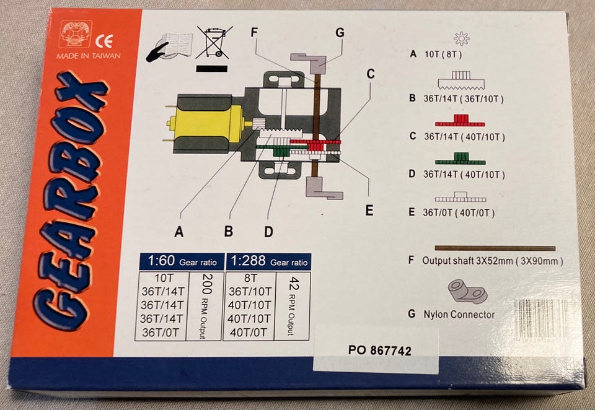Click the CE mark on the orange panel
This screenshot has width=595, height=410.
[104, 41]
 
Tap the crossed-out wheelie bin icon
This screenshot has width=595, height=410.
[214, 42]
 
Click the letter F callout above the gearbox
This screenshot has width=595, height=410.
[254, 32]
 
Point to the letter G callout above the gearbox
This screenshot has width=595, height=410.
[340, 33]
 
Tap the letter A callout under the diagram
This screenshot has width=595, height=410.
[178, 231]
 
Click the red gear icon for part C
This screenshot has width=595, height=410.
[460, 120]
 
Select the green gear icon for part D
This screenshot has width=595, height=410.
[461, 159]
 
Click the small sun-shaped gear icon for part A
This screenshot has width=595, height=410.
[461, 38]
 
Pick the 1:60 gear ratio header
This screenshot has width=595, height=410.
[182, 261]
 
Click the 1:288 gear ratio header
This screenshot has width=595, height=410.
[268, 261]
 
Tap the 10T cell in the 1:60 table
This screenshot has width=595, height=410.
[164, 278]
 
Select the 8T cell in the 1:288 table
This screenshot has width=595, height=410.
[250, 278]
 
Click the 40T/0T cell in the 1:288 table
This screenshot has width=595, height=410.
[249, 333]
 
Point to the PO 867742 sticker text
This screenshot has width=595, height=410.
[379, 350]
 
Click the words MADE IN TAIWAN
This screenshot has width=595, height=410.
[89, 56]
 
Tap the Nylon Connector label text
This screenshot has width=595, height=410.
[459, 315]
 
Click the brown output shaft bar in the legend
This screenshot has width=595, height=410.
[495, 248]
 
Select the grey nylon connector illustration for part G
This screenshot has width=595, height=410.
[467, 291]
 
